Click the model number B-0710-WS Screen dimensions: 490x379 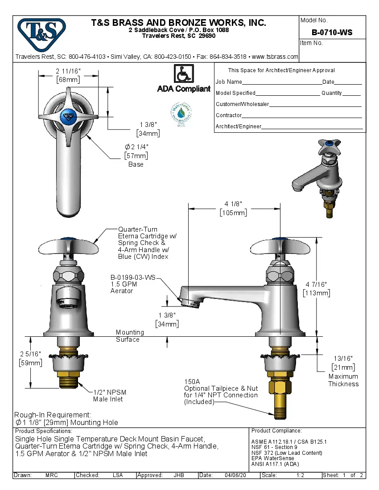[332, 33]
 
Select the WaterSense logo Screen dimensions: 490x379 [181, 113]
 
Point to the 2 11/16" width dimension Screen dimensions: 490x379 [68, 71]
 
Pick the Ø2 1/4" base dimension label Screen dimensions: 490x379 [136, 147]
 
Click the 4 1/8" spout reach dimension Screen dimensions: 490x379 [233, 204]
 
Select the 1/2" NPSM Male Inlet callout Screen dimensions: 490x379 [110, 396]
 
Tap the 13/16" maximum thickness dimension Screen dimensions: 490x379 [343, 359]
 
